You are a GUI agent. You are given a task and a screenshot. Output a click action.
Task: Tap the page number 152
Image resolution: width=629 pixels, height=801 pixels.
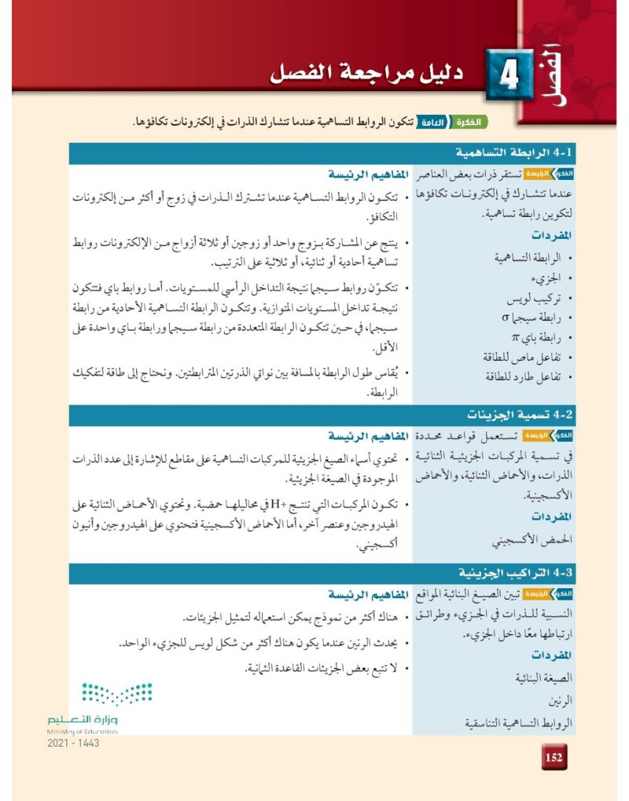tap(554, 757)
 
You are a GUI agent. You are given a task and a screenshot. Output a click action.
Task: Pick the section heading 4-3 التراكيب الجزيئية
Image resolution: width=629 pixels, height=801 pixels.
tap(516, 570)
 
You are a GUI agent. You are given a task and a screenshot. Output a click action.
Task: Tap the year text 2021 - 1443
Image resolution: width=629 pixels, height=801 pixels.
tap(73, 744)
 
